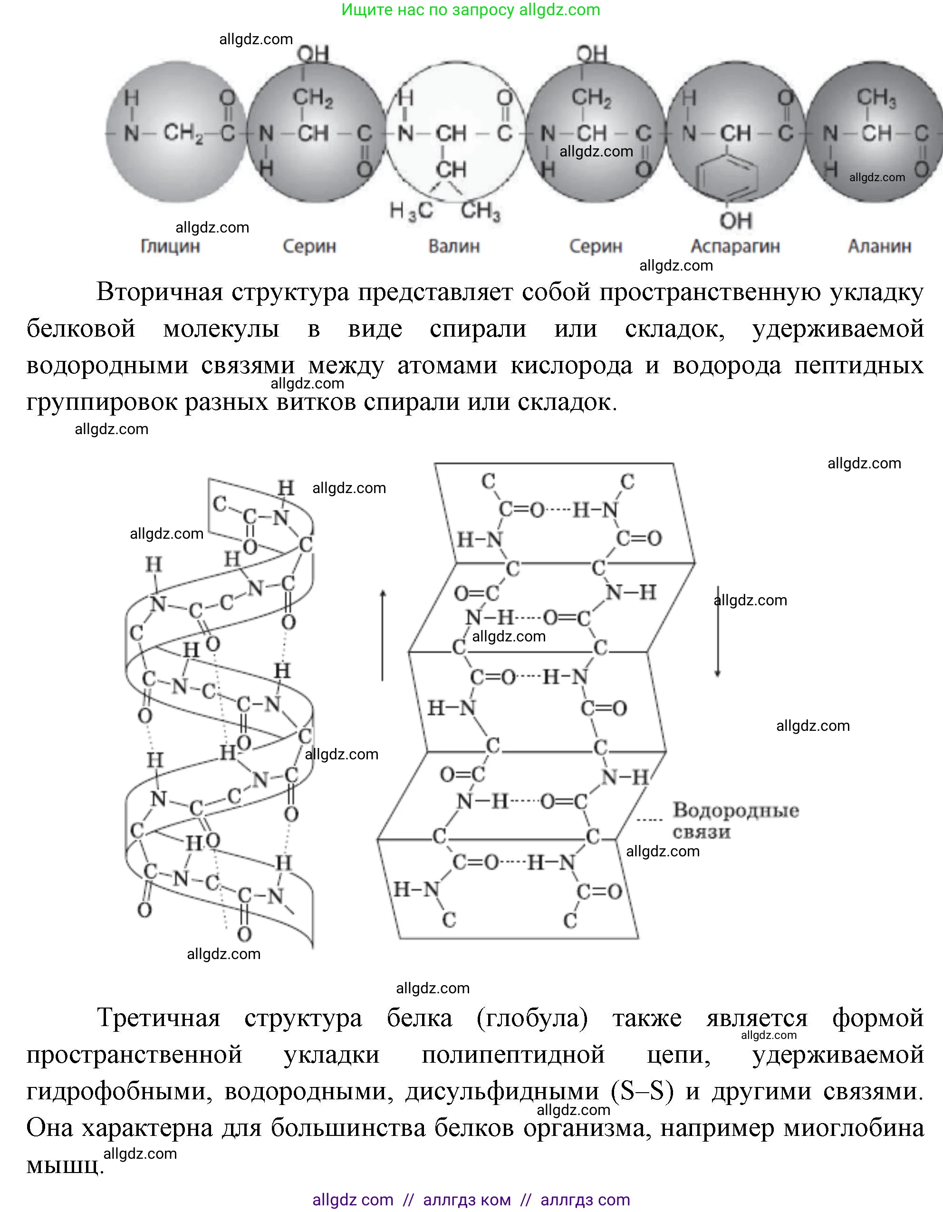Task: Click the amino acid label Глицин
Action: click(170, 246)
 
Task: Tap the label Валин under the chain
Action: click(454, 246)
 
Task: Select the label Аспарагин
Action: click(735, 246)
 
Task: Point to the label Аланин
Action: click(879, 246)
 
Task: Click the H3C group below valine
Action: click(411, 211)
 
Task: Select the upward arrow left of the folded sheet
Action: click(383, 635)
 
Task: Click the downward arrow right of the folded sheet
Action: click(717, 633)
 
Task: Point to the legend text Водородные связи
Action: click(735, 821)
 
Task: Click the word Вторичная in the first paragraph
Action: click(160, 292)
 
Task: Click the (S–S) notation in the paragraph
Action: click(642, 1092)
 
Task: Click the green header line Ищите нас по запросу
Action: click(471, 10)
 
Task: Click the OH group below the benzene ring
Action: click(736, 221)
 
